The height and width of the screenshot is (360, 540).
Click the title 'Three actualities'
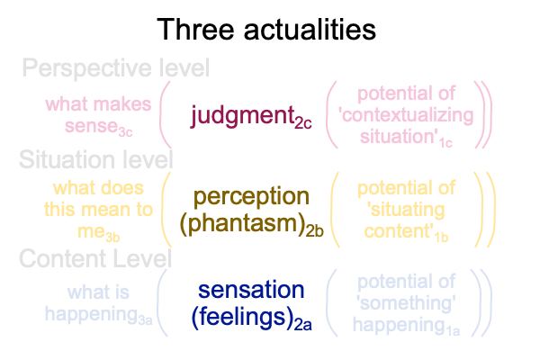(266, 30)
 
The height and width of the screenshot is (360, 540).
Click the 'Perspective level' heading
(116, 68)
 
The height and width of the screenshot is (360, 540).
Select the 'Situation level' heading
(96, 159)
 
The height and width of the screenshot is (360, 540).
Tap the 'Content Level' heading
(95, 258)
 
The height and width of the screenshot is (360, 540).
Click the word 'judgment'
(243, 116)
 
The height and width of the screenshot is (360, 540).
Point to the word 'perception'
(251, 197)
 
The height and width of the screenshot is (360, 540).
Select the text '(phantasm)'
(244, 224)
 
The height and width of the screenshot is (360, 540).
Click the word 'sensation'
(251, 290)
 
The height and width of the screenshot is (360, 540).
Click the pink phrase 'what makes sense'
(98, 115)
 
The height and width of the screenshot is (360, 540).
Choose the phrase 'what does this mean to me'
(98, 210)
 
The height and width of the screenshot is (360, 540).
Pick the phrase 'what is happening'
(98, 304)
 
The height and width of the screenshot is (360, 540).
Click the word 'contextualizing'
(408, 115)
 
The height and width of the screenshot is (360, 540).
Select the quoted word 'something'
(408, 303)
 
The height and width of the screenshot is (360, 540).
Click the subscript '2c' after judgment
(303, 123)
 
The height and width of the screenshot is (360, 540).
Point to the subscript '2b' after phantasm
(315, 231)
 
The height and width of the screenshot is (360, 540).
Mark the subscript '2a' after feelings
(303, 325)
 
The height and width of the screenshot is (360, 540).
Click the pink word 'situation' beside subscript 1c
(399, 137)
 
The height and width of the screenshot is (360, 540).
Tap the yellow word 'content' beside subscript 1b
(399, 231)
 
